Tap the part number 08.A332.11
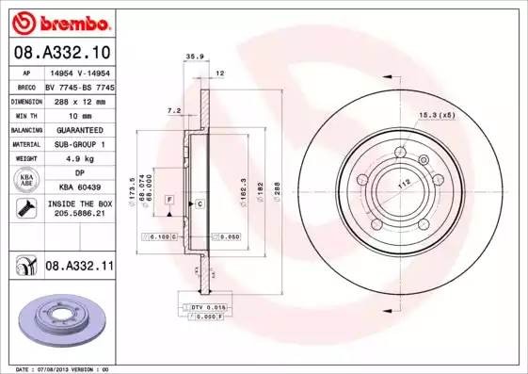point(79,268)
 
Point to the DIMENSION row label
point(26,101)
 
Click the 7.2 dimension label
point(173,110)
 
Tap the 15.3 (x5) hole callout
point(435,115)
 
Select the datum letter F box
point(168,201)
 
